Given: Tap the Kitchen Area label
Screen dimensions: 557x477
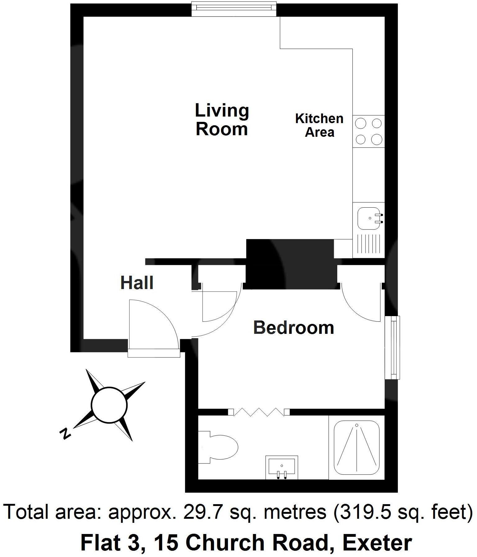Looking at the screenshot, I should tap(319, 125).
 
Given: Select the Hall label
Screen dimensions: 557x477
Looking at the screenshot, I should tap(137, 283).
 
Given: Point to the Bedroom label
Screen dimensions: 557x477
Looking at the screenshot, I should tap(293, 328).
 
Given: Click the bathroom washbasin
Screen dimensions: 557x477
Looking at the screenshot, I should tap(282, 467).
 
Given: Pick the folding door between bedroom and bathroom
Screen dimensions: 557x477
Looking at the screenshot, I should tap(259, 412).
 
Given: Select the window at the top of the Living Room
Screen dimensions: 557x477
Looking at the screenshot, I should tap(234, 9).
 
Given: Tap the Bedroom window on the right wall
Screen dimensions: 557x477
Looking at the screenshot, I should tap(392, 348).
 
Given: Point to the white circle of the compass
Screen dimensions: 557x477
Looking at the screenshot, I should tap(109, 405).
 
